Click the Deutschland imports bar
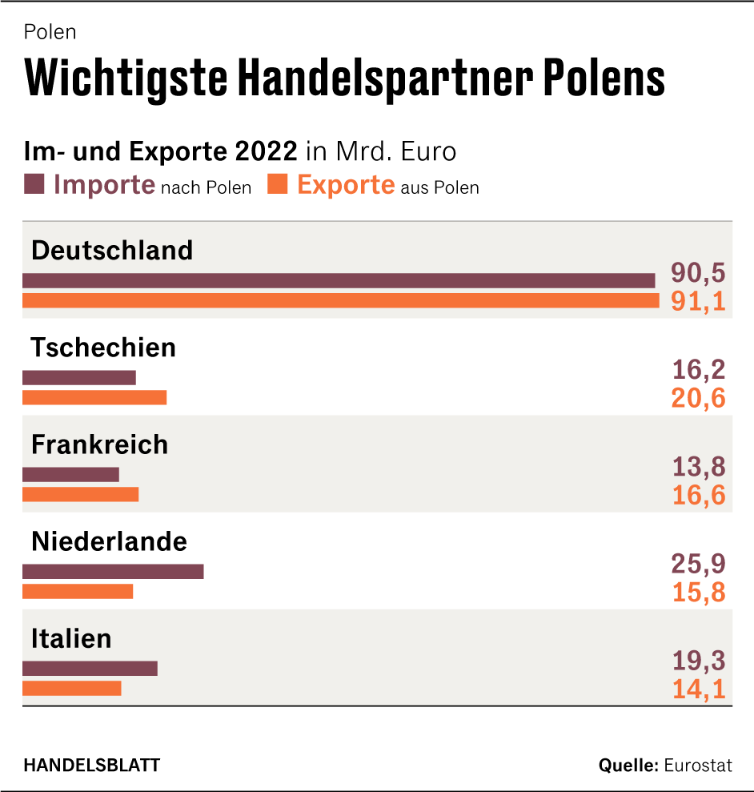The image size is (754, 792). [x=339, y=280]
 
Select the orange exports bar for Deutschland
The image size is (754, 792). [x=340, y=300]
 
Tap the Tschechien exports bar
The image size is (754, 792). [x=94, y=397]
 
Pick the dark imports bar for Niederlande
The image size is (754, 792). [x=113, y=571]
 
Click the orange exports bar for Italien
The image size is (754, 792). [x=72, y=688]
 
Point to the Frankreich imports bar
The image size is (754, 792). [x=70, y=474]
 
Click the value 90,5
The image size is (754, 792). [x=698, y=273]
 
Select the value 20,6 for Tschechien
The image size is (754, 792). [x=698, y=398]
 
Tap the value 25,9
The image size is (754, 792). [x=698, y=564]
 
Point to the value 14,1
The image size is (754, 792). [x=698, y=689]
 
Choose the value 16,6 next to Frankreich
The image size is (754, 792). [x=698, y=495]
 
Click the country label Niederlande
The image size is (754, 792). [x=109, y=541]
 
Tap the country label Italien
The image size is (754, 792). [x=71, y=638]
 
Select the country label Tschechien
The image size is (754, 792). [x=103, y=348]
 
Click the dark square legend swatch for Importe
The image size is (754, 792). [x=34, y=184]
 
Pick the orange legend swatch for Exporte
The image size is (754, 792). [x=278, y=184]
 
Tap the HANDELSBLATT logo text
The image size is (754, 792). [x=92, y=765]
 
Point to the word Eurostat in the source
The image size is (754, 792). [x=698, y=765]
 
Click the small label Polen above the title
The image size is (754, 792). [x=50, y=32]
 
